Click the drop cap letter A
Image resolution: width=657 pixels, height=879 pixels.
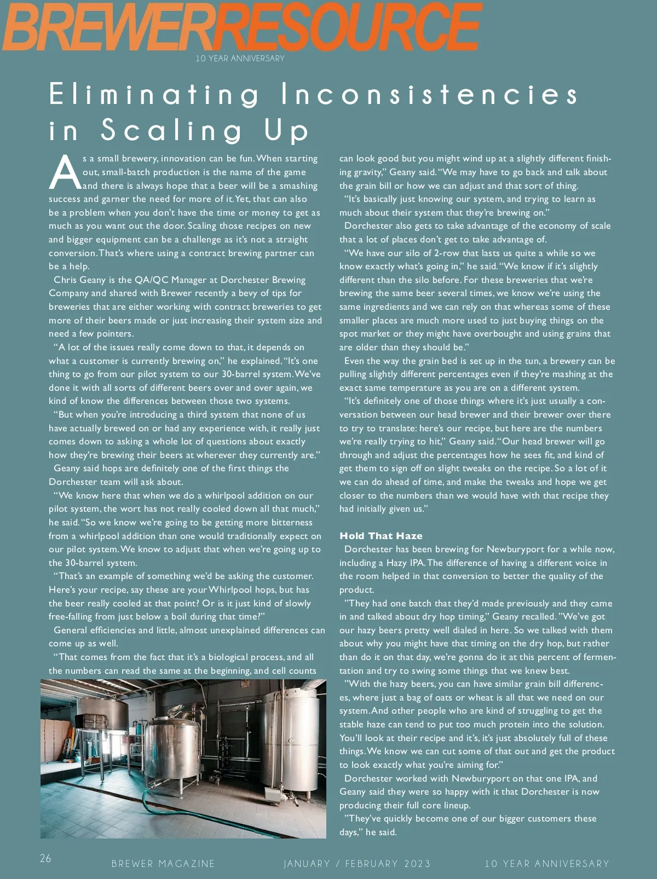tap(65, 172)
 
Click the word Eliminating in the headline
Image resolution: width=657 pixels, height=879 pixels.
tap(154, 94)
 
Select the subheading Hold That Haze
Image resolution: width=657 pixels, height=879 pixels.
tap(381, 536)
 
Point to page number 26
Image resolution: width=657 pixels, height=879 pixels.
tap(45, 858)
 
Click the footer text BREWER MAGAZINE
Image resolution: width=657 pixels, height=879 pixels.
tap(163, 864)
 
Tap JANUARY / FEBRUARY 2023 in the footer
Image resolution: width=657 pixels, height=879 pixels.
tap(357, 864)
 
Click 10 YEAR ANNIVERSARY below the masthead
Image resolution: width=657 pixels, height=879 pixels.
tap(240, 59)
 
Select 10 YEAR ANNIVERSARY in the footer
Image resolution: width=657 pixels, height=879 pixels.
tap(546, 864)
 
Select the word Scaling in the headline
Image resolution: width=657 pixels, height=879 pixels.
tap(171, 130)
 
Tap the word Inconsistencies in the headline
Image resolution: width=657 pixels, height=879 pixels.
tap(429, 94)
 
